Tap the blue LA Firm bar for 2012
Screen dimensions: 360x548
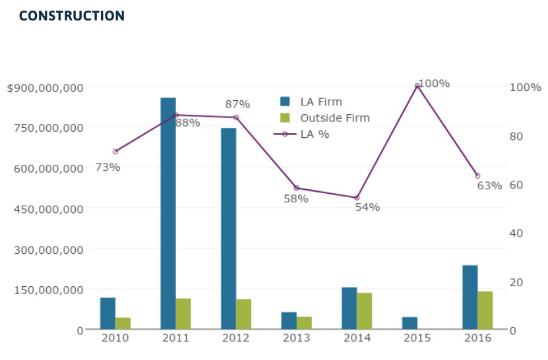coord(228,228)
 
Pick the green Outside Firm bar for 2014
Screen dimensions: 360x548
coord(365,311)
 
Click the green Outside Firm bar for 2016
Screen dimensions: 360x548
coord(485,310)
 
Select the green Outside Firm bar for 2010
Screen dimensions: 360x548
coord(123,323)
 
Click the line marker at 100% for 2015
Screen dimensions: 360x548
coord(417,86)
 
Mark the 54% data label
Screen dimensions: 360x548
coord(367,207)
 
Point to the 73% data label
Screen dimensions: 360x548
coord(107,167)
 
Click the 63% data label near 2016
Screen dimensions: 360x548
coord(489,185)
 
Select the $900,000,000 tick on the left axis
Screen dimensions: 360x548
coord(45,88)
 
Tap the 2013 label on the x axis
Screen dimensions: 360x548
coord(296,338)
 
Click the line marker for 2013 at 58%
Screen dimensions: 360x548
coord(296,188)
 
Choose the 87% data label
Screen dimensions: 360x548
coord(237,104)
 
